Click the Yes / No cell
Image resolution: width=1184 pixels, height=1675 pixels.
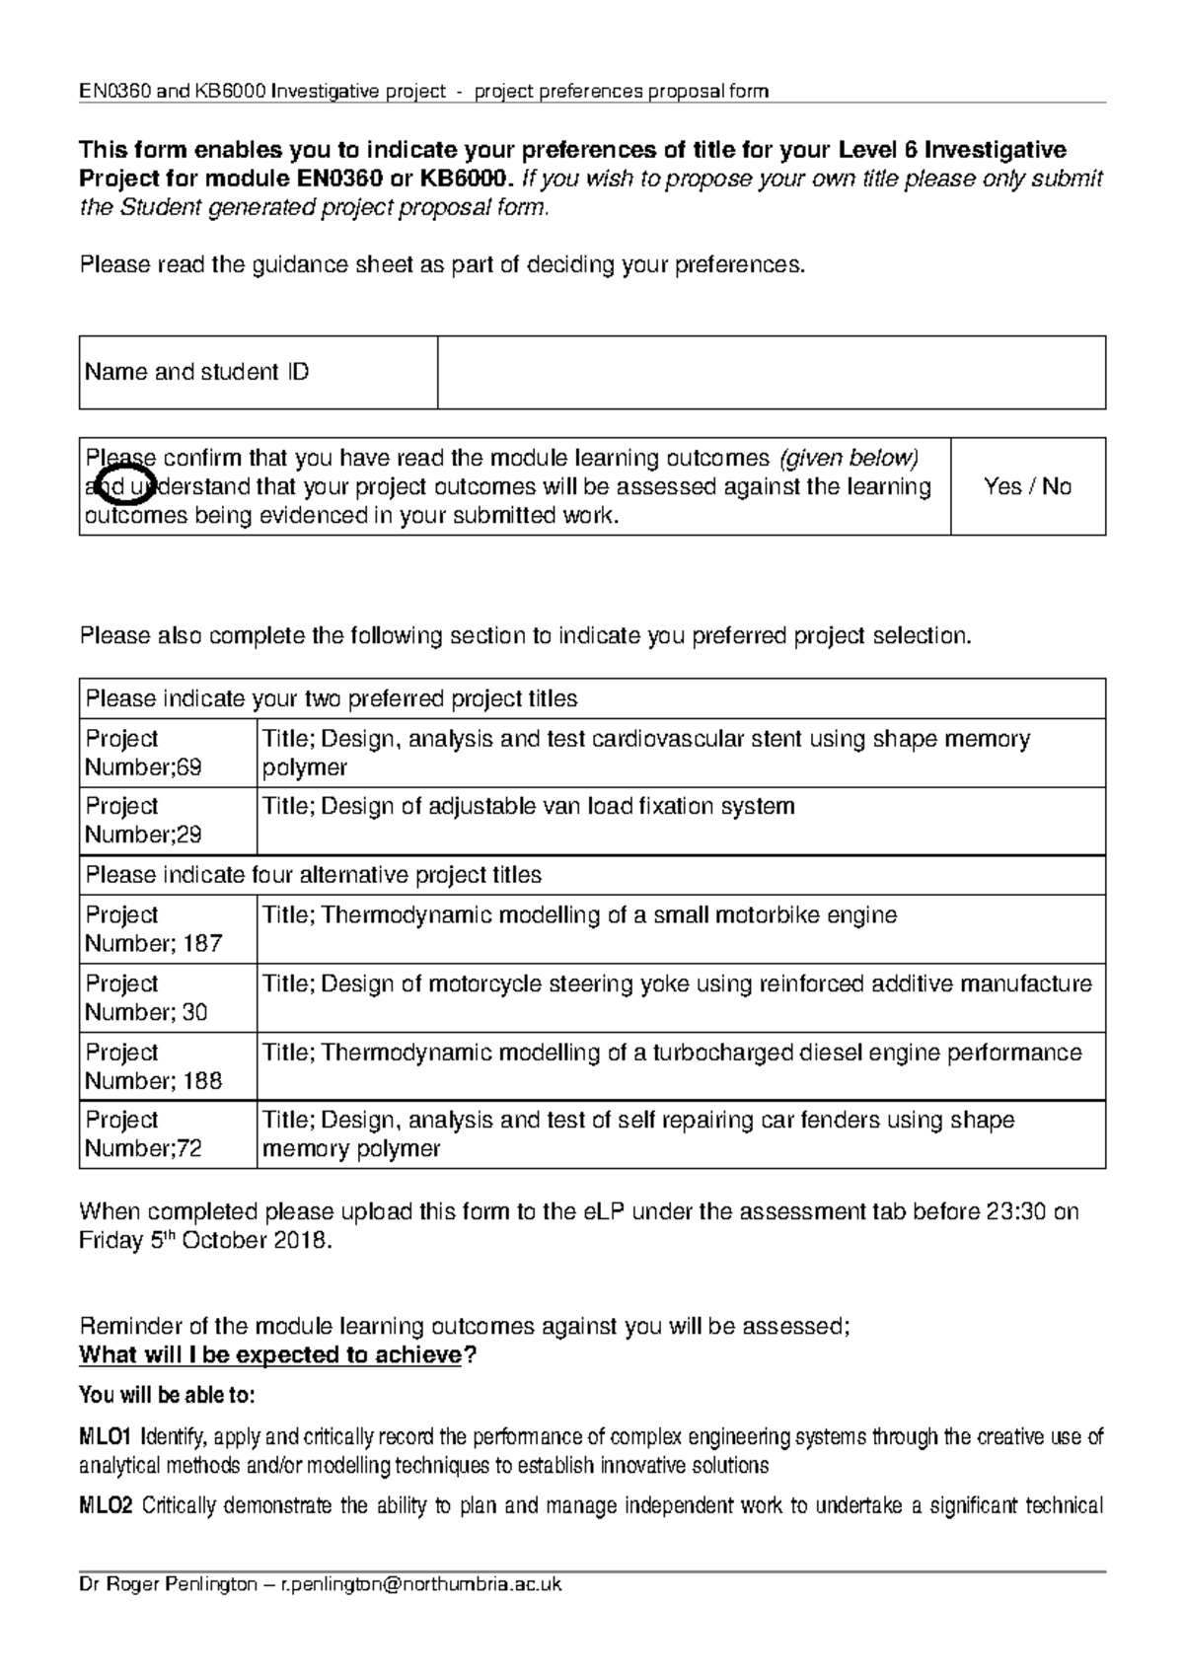tap(1027, 486)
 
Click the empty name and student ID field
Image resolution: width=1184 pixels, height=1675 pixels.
tap(771, 372)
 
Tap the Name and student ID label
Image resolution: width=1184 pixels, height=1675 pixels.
tap(197, 372)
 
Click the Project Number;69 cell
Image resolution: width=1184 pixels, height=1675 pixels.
tap(144, 753)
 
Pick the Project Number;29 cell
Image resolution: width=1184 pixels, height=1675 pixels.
tap(144, 821)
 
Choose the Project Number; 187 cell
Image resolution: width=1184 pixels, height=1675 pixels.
tap(154, 929)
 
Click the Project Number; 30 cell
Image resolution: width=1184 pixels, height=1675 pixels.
tap(146, 997)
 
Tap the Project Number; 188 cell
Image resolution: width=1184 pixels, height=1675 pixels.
tap(154, 1066)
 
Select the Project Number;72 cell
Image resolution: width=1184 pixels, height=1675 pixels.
tap(144, 1134)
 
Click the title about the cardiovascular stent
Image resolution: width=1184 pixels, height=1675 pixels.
tap(646, 753)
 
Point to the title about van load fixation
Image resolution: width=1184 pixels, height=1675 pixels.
tap(528, 806)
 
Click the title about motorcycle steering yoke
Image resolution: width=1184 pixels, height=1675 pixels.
tap(677, 983)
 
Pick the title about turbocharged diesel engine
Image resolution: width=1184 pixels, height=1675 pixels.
tap(672, 1053)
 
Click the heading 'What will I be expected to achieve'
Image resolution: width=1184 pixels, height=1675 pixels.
tap(270, 1354)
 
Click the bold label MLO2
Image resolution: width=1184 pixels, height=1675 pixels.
tap(106, 1505)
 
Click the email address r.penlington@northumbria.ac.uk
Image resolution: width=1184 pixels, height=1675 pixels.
tap(421, 1584)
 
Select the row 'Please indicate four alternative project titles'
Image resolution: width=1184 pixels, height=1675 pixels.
tap(314, 875)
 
